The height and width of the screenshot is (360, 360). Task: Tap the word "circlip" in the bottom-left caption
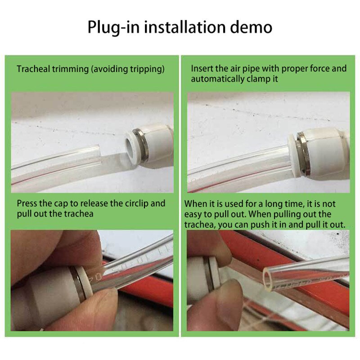pyautogui.click(x=136, y=203)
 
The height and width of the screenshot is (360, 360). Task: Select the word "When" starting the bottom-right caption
pyautogui.click(x=195, y=204)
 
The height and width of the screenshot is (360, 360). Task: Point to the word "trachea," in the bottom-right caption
pyautogui.click(x=200, y=225)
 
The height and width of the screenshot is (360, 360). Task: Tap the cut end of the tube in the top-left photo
pyautogui.click(x=100, y=154)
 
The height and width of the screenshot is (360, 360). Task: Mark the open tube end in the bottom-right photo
pyautogui.click(x=267, y=280)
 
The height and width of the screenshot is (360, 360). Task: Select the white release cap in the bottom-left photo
pyautogui.click(x=85, y=282)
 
